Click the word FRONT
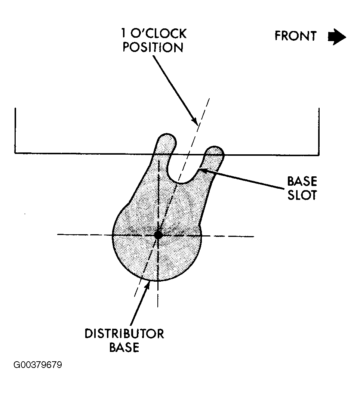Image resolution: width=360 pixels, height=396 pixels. [295, 36]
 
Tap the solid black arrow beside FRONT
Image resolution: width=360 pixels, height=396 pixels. [337, 37]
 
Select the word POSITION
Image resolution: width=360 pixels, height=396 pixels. [153, 47]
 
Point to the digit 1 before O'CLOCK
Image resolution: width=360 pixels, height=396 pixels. [123, 34]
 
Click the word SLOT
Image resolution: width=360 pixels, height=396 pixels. [302, 195]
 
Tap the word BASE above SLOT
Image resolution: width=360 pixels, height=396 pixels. [302, 181]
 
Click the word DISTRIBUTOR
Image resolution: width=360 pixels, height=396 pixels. [124, 334]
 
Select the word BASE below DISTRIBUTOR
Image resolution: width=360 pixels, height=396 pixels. [124, 347]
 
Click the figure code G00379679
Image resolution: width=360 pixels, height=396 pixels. [38, 365]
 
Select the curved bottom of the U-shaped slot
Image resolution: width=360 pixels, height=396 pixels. [181, 182]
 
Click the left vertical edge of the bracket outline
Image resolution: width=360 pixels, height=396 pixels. [15, 130]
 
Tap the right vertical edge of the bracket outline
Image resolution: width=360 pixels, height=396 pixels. [319, 132]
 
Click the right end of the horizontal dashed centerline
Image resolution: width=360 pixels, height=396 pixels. [254, 236]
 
